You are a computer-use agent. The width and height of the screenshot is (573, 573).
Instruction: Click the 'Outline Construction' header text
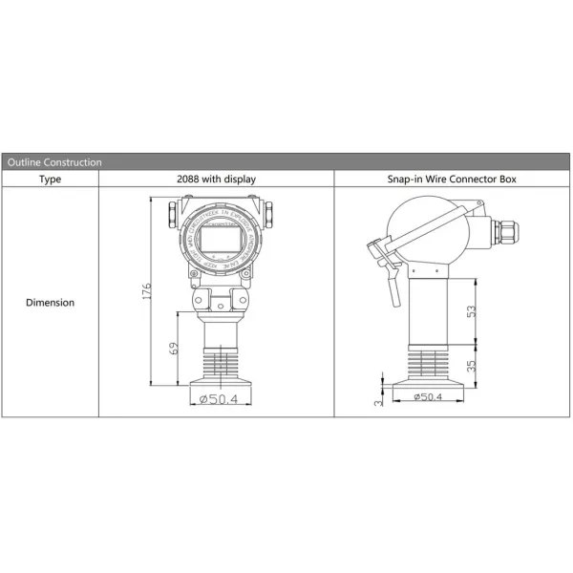pos(54,162)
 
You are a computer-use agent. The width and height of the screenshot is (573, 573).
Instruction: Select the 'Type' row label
pos(50,179)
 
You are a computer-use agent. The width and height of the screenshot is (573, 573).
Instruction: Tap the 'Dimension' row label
pos(50,302)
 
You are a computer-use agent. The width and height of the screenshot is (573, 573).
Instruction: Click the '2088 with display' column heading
pos(216,179)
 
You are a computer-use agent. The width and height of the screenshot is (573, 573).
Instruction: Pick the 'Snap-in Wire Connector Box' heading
pos(453,179)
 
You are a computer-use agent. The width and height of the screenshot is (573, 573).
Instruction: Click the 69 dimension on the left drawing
pos(174,349)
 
